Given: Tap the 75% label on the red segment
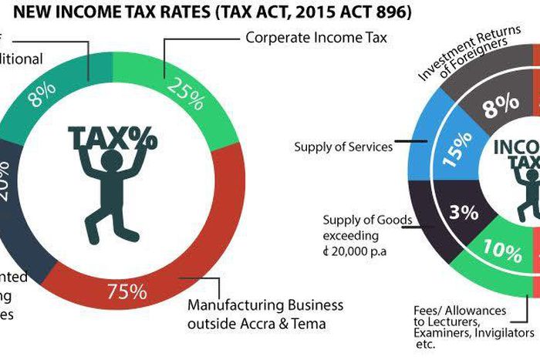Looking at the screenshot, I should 127,291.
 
